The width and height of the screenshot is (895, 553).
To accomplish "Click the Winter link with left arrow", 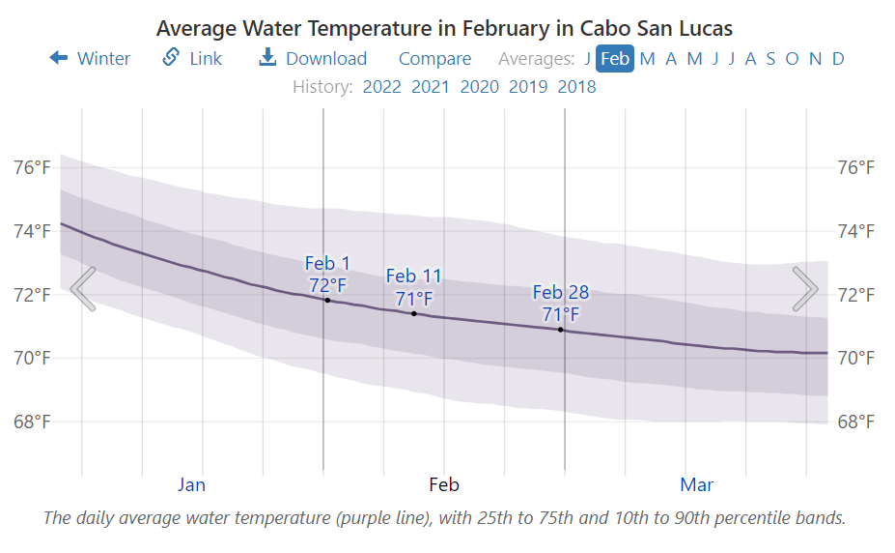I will (x=90, y=59).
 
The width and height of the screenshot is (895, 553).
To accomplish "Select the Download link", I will (x=313, y=59).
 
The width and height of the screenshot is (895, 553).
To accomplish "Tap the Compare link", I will (x=434, y=59).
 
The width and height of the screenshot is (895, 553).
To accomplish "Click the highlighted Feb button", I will (x=615, y=59).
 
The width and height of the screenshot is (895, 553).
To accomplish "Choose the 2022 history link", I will (x=381, y=87).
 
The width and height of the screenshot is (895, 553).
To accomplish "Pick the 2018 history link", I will (x=576, y=87).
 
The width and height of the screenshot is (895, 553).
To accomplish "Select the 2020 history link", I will (x=479, y=87).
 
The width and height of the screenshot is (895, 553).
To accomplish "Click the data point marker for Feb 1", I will (x=327, y=300).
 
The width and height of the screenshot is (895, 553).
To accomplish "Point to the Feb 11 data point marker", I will (x=414, y=313).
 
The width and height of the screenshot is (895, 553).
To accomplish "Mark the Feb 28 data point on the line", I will (x=560, y=330).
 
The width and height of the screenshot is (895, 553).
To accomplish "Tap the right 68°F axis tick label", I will (x=856, y=422).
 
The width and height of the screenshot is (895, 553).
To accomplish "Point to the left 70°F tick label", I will (x=32, y=358).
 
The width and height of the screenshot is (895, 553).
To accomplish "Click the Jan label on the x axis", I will (x=192, y=484).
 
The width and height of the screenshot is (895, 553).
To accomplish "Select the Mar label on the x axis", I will (x=696, y=484).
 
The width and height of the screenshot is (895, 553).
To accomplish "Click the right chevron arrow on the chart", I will (x=804, y=288).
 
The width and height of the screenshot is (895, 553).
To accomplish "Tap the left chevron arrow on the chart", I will (x=84, y=288).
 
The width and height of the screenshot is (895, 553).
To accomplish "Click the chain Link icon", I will (x=171, y=58).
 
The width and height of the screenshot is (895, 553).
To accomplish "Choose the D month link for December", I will (x=838, y=59).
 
